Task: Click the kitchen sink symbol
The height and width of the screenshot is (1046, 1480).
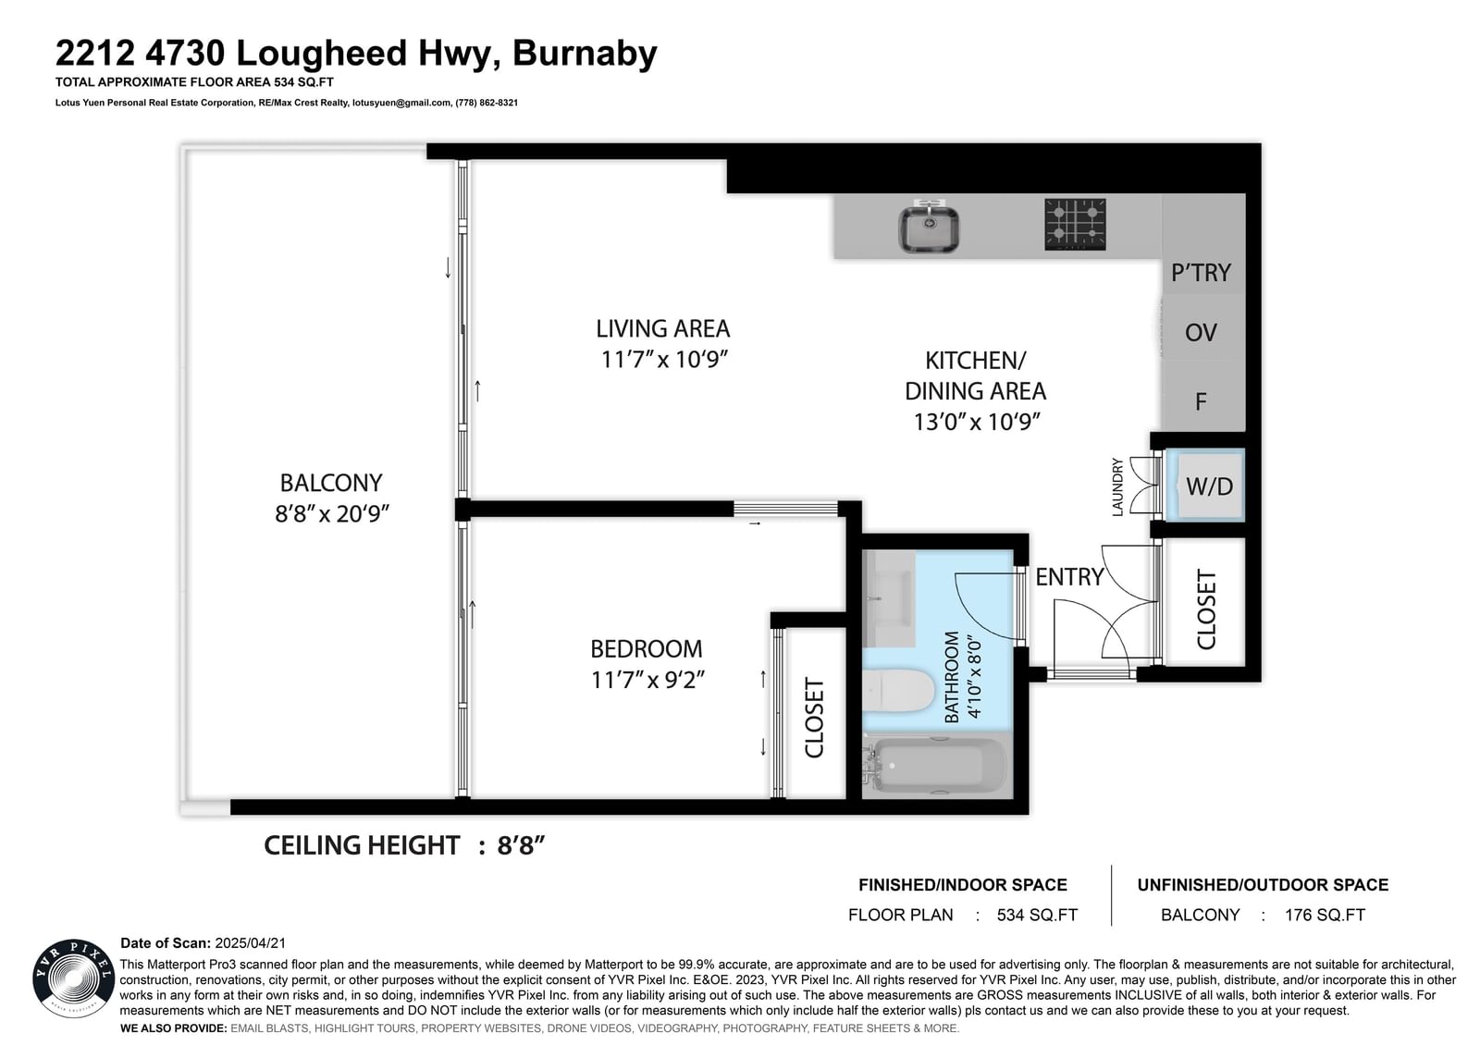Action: click(929, 226)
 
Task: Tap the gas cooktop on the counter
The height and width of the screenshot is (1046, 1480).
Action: click(1075, 225)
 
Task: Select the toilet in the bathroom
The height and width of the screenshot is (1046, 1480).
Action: click(897, 690)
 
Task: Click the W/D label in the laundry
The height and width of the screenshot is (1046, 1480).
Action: click(1209, 486)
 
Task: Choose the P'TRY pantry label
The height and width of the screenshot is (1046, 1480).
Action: click(1201, 272)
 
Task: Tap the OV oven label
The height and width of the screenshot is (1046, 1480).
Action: click(1201, 332)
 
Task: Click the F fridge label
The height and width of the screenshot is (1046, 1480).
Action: click(1201, 401)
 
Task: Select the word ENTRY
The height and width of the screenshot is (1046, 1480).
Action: click(1069, 577)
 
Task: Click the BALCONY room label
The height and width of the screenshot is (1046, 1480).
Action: click(331, 483)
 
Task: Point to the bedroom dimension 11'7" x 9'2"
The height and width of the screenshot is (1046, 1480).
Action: click(647, 679)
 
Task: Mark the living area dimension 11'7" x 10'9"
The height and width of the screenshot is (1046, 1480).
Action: click(663, 360)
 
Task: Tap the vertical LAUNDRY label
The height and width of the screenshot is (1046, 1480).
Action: click(1117, 487)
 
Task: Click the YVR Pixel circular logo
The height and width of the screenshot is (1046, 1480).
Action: click(73, 978)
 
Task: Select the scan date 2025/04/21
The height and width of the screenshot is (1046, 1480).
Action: click(251, 943)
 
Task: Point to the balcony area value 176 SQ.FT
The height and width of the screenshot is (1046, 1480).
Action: click(1325, 916)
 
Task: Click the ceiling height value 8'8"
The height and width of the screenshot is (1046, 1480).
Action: click(521, 845)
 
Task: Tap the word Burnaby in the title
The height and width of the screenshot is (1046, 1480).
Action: click(585, 54)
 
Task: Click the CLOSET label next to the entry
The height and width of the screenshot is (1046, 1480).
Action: click(1206, 609)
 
